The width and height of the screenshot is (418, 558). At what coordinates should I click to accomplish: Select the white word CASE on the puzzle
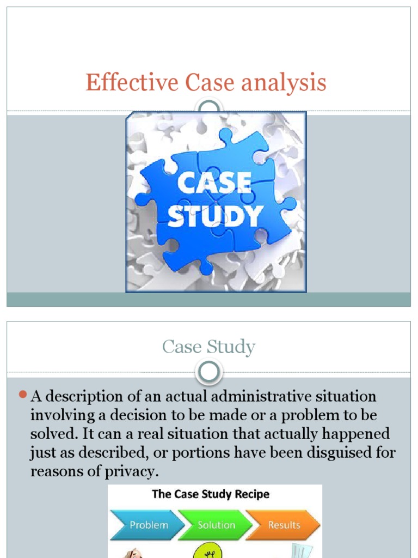pos(216,184)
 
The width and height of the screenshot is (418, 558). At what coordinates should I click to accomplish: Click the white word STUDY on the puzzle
pos(216,216)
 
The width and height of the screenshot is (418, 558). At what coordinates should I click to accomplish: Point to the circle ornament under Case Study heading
pos(209,373)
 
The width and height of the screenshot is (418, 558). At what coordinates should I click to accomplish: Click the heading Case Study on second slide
pos(209,347)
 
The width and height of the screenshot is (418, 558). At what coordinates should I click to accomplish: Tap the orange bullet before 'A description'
pos(23,394)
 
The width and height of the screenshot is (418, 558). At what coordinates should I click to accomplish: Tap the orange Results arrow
pos(284,525)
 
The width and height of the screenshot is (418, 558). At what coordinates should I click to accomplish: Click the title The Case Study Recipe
pos(211,495)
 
